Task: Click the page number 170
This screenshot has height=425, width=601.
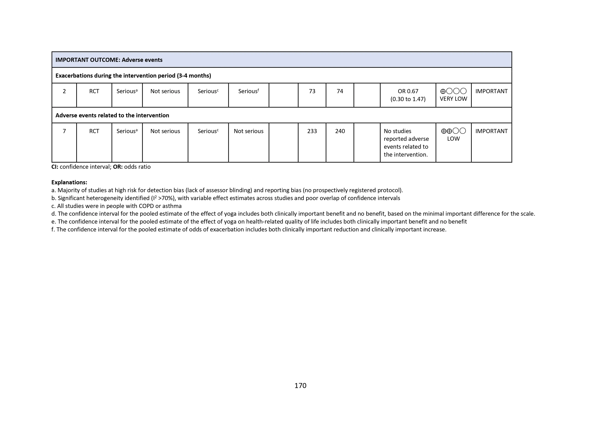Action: click(300, 385)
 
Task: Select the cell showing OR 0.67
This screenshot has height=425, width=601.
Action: click(408, 91)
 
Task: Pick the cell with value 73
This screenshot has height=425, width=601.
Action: click(312, 91)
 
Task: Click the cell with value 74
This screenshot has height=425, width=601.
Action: click(340, 91)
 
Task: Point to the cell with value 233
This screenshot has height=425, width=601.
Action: click(312, 131)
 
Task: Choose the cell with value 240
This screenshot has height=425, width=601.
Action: click(340, 131)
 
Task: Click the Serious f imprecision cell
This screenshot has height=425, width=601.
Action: click(248, 91)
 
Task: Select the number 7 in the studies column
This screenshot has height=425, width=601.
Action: click(64, 131)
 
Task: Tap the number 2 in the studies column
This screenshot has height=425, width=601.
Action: click(64, 91)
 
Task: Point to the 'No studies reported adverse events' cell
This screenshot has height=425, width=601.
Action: click(406, 143)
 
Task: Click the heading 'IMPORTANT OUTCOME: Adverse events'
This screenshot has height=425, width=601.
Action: click(109, 60)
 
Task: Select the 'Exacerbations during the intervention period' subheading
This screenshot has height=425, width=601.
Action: click(133, 76)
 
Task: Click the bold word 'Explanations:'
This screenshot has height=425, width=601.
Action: click(69, 182)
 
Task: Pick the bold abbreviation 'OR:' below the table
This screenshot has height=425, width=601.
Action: click(118, 167)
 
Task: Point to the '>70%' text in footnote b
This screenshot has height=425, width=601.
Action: click(166, 198)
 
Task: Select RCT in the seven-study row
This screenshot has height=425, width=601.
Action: click(94, 131)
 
